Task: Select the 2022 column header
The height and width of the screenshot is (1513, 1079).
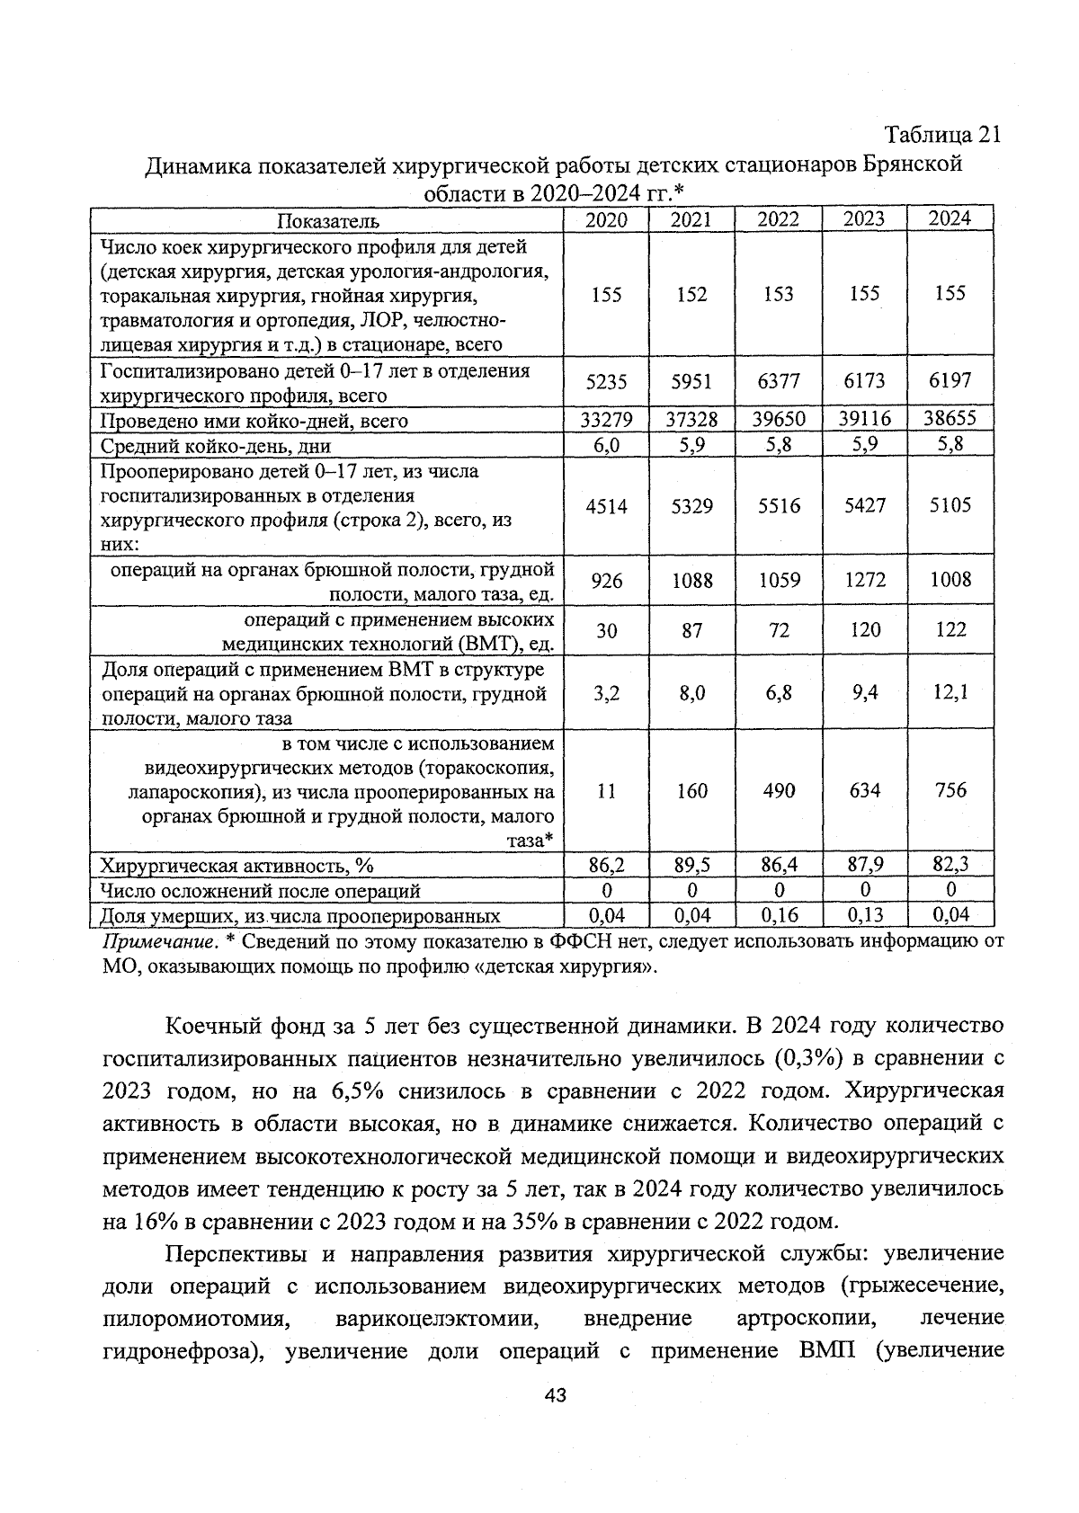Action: click(778, 219)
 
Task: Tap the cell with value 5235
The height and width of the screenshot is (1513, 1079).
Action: click(606, 381)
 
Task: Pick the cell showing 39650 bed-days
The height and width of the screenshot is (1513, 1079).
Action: click(778, 420)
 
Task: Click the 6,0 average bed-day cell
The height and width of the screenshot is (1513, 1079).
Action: click(606, 444)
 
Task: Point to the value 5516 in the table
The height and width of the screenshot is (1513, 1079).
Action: click(778, 506)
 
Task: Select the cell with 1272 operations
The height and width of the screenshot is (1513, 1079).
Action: click(864, 580)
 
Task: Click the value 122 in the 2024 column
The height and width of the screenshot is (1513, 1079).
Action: click(950, 629)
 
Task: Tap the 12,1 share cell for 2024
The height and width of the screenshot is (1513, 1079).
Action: click(950, 692)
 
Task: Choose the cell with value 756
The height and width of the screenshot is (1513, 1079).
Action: click(950, 790)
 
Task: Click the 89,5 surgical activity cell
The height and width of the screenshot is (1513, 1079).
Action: click(691, 865)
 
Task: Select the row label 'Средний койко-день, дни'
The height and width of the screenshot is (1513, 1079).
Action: click(215, 446)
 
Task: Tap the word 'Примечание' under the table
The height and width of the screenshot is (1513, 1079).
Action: click(158, 942)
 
